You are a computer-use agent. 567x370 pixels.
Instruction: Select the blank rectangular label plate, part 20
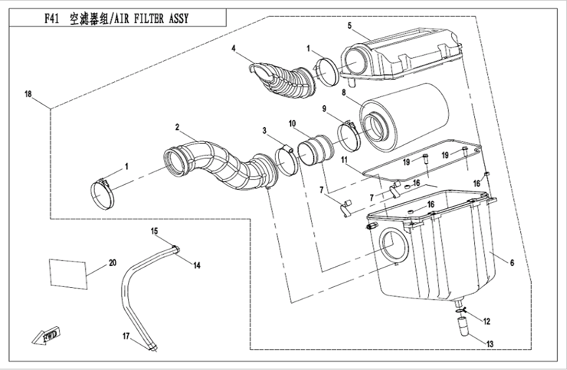pos(67,271)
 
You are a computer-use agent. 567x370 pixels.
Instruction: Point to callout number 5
pos(350,25)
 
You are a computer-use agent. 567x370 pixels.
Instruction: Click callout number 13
pos(511,263)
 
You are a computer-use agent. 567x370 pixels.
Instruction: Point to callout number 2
pos(177,126)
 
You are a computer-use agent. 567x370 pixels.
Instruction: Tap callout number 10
pos(292,124)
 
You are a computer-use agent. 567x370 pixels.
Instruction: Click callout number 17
pos(126,336)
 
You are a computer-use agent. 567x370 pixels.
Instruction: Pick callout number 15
pos(154,231)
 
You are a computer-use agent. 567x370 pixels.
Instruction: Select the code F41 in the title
pos(51,18)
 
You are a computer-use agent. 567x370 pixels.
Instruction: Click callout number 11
pos(344,160)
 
